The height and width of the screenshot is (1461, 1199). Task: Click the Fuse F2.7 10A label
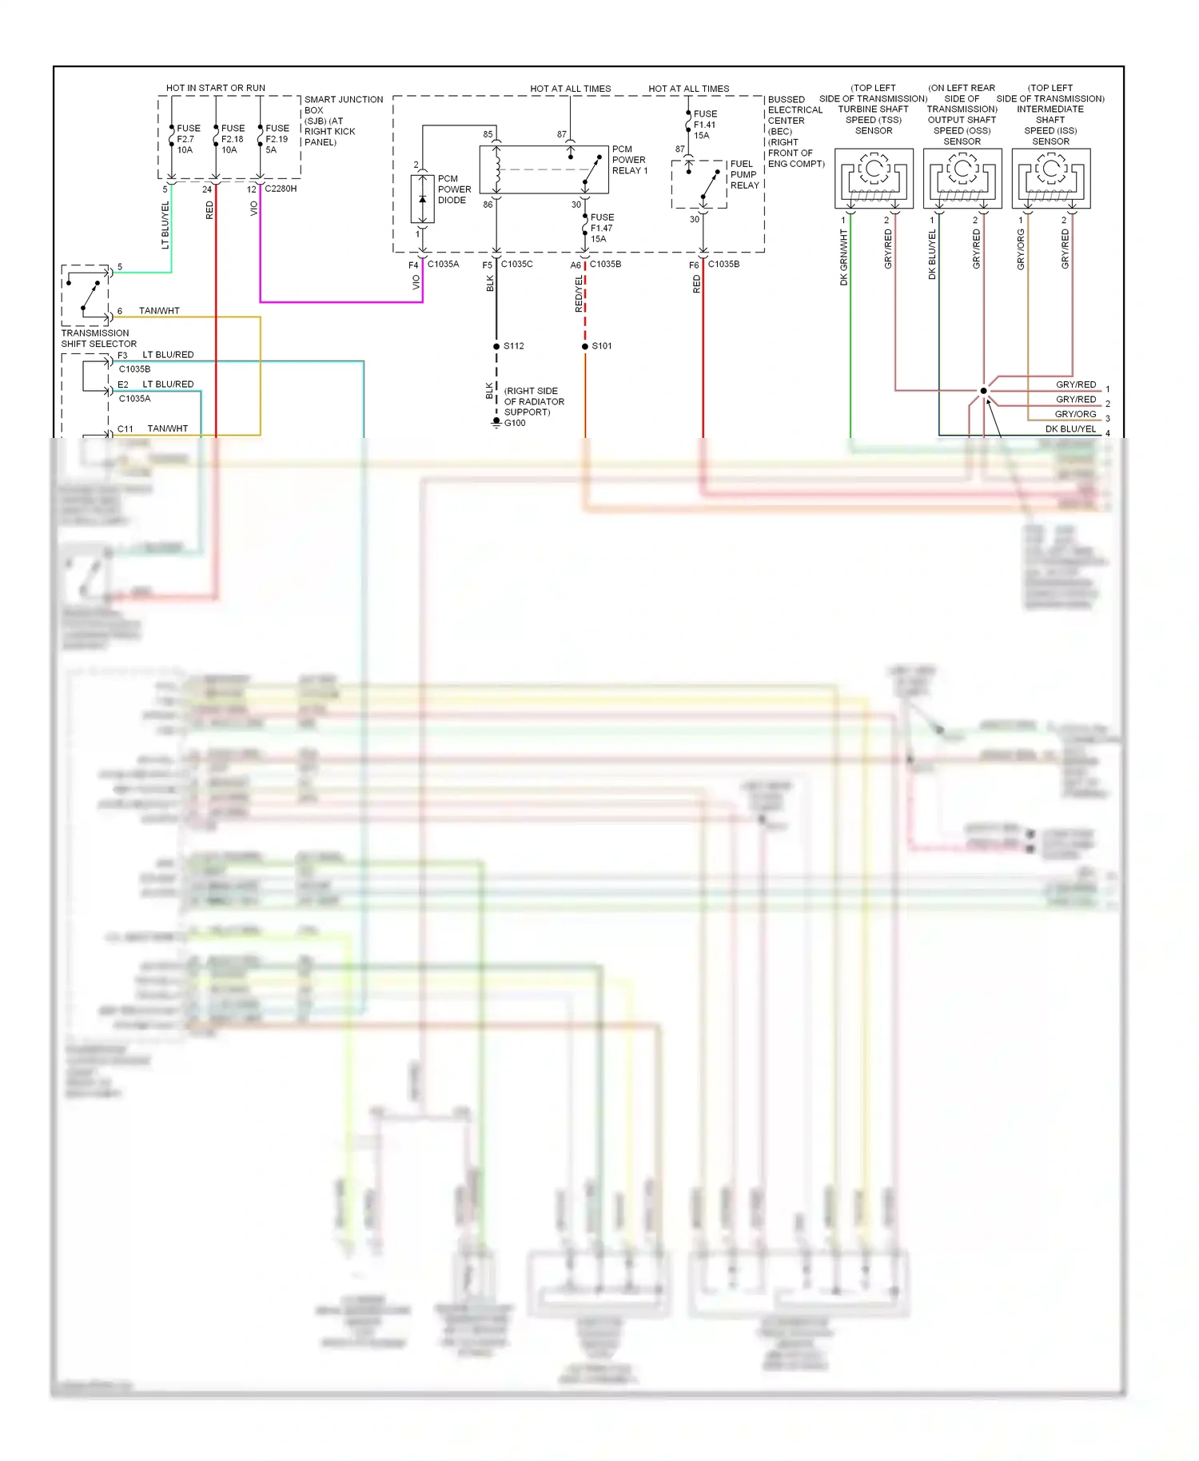point(187,139)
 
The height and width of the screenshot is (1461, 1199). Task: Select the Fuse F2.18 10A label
point(232,139)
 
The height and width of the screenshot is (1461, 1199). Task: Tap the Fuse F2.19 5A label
point(277,139)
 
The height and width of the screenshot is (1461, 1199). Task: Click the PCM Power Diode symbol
point(422,199)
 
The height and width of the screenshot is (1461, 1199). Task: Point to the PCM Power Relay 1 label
point(629,160)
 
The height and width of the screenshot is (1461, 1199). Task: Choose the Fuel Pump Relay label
point(744,174)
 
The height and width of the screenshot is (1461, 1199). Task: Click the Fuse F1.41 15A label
point(704,125)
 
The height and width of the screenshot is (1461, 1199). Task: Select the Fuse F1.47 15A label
point(601,228)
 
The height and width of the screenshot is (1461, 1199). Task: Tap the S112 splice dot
point(496,346)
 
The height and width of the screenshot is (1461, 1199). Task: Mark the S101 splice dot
point(585,346)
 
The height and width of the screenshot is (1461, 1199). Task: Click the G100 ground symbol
point(496,422)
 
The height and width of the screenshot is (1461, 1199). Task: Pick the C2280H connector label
point(281,189)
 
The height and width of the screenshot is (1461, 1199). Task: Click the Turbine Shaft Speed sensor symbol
point(874,179)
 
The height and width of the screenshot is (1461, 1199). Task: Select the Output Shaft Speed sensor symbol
point(962,179)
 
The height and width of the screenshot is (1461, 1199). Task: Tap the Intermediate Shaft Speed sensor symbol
point(1051,179)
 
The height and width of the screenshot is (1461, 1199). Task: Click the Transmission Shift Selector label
point(98,338)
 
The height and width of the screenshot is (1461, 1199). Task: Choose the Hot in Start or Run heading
point(216,88)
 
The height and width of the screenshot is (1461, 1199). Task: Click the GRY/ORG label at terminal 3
point(1075,414)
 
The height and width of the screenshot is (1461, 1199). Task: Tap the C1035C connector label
point(516,264)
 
